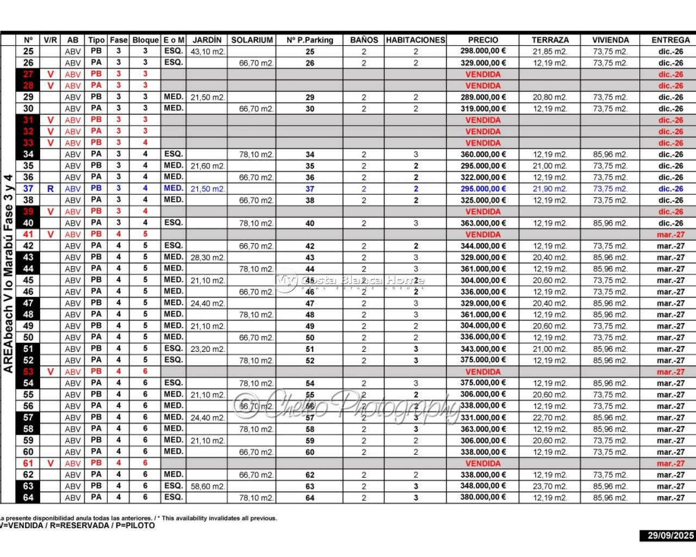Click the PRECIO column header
pos(483,40)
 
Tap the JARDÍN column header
pos(207,40)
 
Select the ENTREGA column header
pos(670,40)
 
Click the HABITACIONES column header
pos(415,40)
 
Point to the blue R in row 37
pos(51,189)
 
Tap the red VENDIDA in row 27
pos(483,74)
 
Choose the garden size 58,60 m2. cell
pos(207,486)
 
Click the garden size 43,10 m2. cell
pos(207,52)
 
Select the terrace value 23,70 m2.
pos(550,486)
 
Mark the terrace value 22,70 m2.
pos(550,418)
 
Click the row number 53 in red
pos(28,372)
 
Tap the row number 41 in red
pos(28,234)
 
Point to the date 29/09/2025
pos(670,535)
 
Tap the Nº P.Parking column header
pos(309,40)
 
